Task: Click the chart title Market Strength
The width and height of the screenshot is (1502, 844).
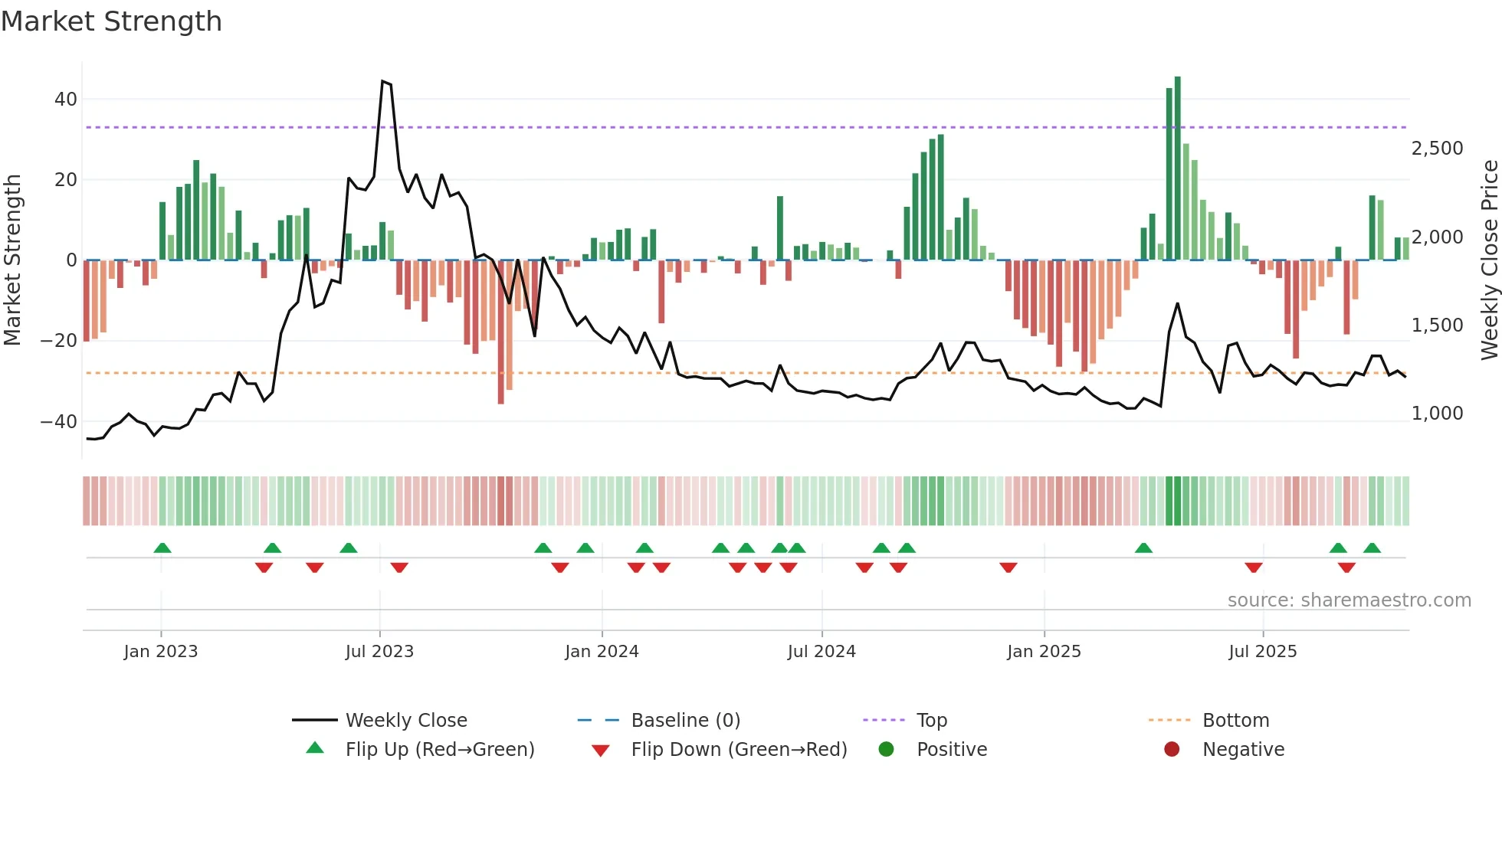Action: pos(111,21)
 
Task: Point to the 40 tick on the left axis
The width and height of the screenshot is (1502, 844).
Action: pos(66,100)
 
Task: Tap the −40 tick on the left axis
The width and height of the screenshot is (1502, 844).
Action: pos(59,421)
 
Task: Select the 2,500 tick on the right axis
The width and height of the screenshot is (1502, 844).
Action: pos(1437,149)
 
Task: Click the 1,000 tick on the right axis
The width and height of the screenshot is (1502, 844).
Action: pos(1437,414)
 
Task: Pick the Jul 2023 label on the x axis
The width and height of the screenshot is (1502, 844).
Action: pos(379,652)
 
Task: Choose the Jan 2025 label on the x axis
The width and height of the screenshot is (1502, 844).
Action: pos(1044,652)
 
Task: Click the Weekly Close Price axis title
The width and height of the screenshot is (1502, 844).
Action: pos(1489,260)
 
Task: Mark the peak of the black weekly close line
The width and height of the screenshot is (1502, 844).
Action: pos(382,81)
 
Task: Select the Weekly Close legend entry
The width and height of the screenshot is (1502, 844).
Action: pos(405,721)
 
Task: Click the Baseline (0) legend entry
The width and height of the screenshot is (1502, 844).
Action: pos(685,721)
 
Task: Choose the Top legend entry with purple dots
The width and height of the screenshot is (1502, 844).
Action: pos(931,721)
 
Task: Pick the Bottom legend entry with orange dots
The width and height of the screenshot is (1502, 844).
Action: pos(1235,721)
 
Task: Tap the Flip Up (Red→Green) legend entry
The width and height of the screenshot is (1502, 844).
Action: pos(439,750)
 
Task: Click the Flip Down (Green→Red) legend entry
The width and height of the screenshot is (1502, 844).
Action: pos(738,750)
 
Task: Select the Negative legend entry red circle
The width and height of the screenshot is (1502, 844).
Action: pos(1172,750)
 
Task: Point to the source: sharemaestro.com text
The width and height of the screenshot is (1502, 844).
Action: pos(1349,600)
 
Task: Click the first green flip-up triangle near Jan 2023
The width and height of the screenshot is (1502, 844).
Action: pos(162,548)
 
